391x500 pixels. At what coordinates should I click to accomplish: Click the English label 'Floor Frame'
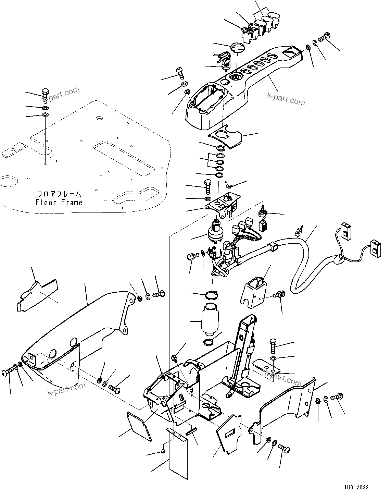click(59, 203)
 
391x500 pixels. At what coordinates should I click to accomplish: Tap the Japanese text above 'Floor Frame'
click(59, 194)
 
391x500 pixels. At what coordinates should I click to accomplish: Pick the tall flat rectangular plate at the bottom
click(179, 452)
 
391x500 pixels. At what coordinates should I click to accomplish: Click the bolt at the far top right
click(325, 35)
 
